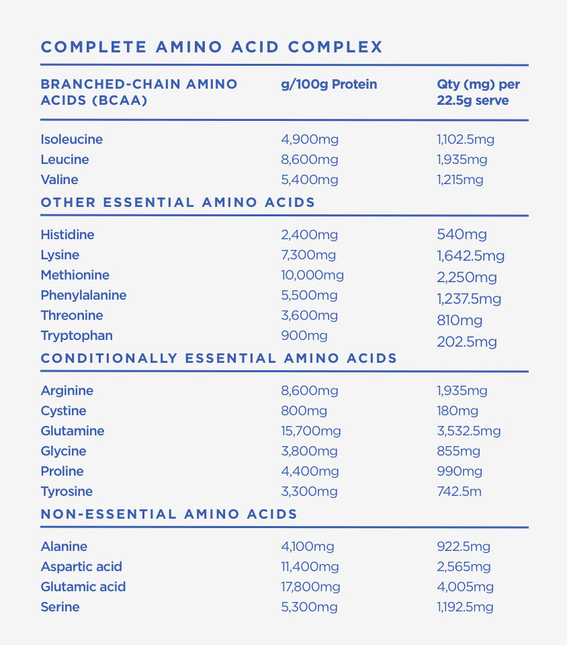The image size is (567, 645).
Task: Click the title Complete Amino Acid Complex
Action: tap(212, 47)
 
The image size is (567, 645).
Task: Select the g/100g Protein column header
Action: tap(329, 85)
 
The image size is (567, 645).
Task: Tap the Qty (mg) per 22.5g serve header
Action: tap(478, 93)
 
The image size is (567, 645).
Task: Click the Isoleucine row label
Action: tap(71, 140)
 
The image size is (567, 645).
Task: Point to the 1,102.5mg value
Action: tap(465, 140)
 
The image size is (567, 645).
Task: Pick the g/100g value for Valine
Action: tap(309, 180)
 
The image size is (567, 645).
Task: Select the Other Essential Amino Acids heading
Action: tap(178, 202)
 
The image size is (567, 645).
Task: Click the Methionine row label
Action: tap(75, 275)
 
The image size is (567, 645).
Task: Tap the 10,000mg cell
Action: tap(312, 275)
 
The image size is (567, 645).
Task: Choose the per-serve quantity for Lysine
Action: tap(470, 256)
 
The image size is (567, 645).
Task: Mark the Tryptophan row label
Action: tap(77, 336)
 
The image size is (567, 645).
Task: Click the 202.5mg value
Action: tap(466, 342)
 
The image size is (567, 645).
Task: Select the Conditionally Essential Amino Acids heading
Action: tap(219, 358)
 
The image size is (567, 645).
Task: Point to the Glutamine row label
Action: tap(73, 431)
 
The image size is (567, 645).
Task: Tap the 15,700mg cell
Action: tap(310, 431)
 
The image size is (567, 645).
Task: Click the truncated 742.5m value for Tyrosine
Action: tap(459, 492)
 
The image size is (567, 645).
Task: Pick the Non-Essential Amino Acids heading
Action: tap(169, 514)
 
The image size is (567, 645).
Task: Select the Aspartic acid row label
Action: tap(81, 567)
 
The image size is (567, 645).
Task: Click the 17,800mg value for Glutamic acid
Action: tap(310, 587)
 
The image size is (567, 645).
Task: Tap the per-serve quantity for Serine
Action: tap(465, 607)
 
